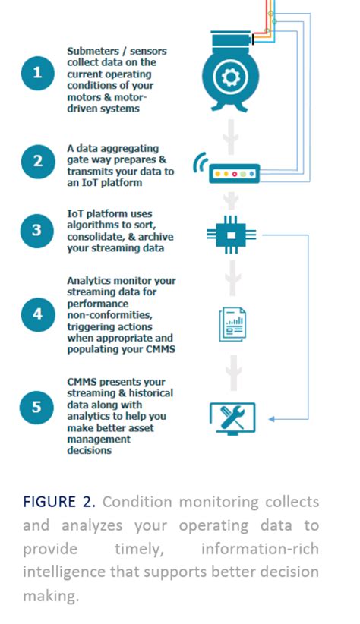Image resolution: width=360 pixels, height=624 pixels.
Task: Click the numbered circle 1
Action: [x=37, y=74]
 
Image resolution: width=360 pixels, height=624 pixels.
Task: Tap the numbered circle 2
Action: [x=37, y=161]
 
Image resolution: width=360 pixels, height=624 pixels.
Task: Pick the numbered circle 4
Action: [x=37, y=313]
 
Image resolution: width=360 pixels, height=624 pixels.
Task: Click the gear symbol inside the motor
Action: [x=231, y=77]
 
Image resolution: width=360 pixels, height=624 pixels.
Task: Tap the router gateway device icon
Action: [x=235, y=174]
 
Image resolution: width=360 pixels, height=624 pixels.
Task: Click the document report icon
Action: [x=232, y=324]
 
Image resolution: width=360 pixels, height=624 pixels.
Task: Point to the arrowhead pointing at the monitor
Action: [x=272, y=418]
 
